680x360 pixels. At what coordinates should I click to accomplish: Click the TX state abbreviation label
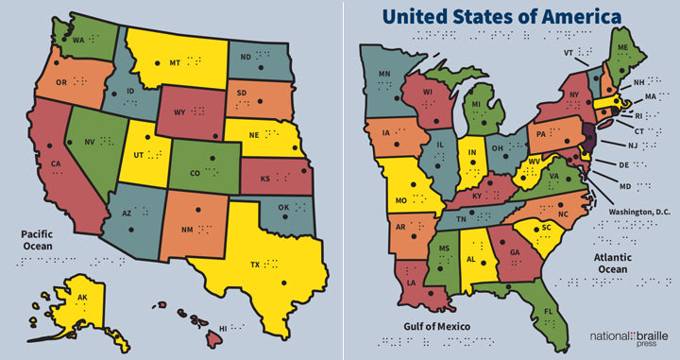pos(254,264)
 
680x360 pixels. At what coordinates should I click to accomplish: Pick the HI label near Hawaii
pos(225,327)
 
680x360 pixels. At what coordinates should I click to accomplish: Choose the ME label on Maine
pos(621,47)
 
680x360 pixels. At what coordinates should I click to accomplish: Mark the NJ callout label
pos(634,146)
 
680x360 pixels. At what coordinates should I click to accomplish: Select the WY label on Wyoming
pos(177,111)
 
